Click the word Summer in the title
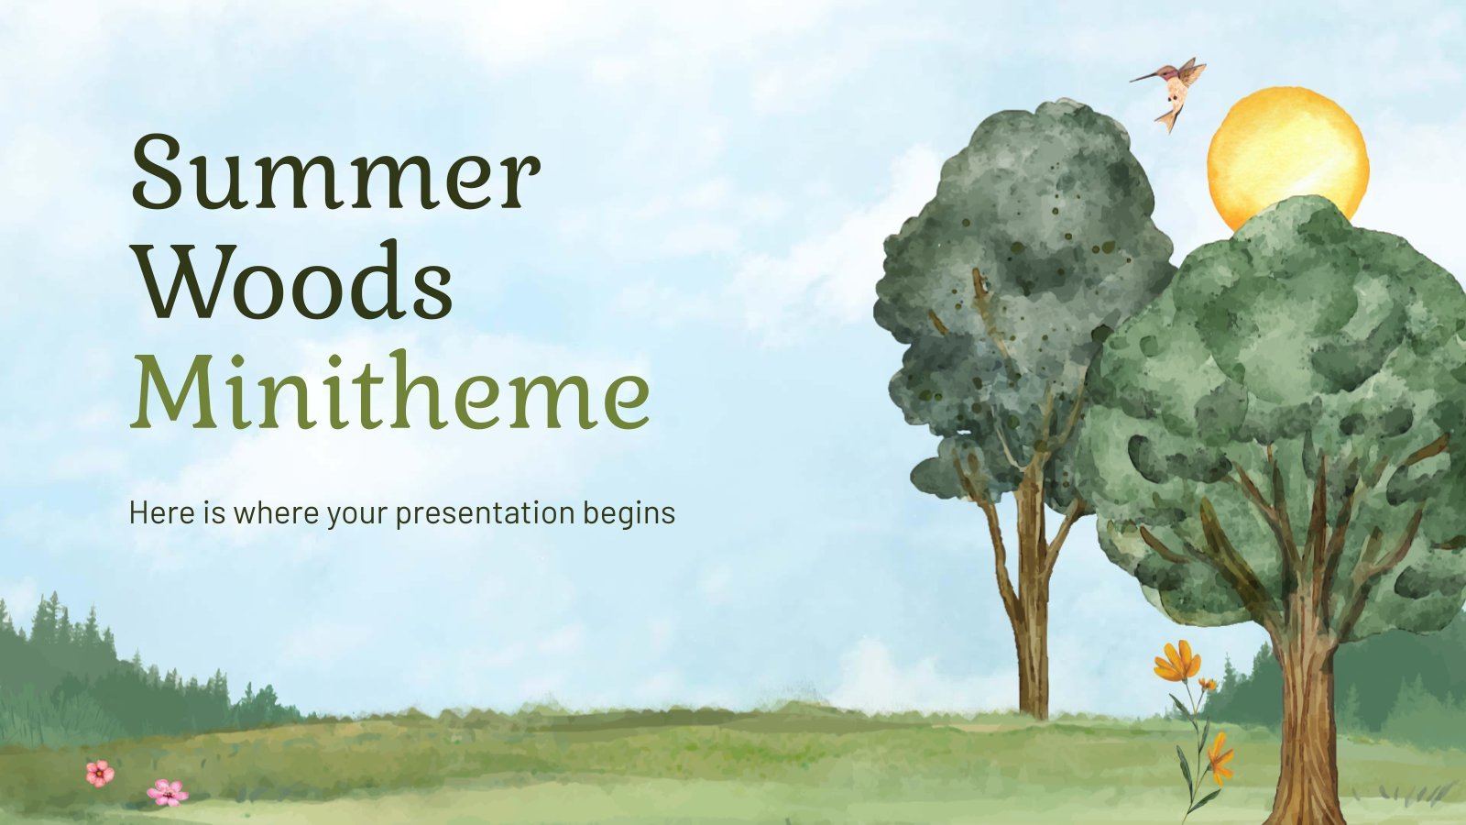(336, 171)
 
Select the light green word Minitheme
(390, 390)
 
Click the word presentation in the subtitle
(485, 514)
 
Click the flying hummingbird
(1172, 92)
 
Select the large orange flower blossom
(1176, 661)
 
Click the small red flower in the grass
(100, 774)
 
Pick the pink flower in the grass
(168, 793)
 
